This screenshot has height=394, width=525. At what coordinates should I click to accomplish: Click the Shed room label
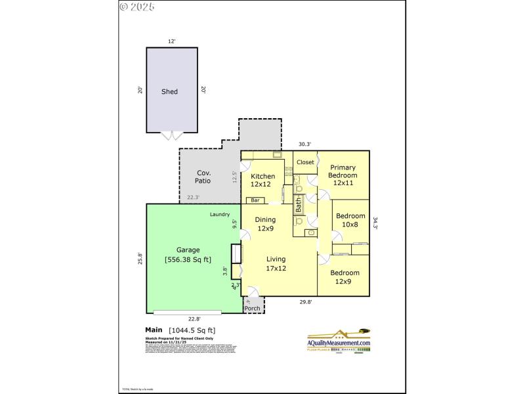click(x=169, y=92)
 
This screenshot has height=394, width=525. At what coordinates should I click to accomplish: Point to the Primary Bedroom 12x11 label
click(x=343, y=175)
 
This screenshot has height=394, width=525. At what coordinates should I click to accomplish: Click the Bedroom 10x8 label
click(x=350, y=220)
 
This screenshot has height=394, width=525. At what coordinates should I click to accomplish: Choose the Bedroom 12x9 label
click(x=345, y=277)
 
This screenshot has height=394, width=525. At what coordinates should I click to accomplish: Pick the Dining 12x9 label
click(x=266, y=224)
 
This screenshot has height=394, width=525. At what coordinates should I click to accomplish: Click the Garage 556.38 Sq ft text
click(x=188, y=254)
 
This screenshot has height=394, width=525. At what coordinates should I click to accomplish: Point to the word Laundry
click(x=219, y=214)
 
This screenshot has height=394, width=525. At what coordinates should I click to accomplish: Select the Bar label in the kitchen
click(x=255, y=200)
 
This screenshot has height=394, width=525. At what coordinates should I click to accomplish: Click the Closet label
click(x=305, y=162)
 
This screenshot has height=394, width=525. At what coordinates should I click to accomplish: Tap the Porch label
click(x=253, y=308)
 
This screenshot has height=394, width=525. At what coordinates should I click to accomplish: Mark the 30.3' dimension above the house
click(x=304, y=144)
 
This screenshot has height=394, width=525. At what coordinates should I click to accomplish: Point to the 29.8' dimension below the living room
click(x=306, y=303)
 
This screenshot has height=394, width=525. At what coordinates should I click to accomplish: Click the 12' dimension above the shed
click(x=171, y=41)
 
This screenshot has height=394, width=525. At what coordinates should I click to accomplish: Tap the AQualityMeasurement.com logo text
click(x=339, y=343)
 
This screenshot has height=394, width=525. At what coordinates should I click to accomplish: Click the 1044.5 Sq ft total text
click(x=192, y=330)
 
